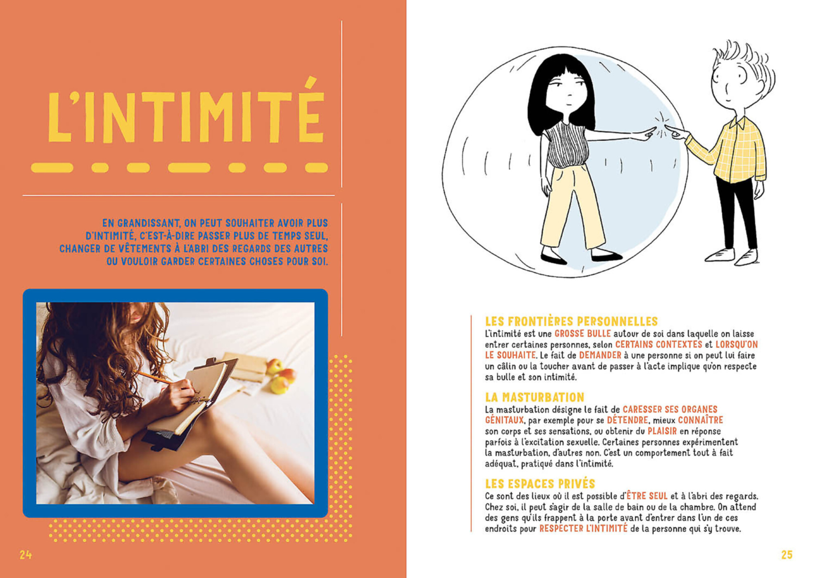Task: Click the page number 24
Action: pyautogui.click(x=26, y=555)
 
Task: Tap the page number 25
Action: pyautogui.click(x=787, y=555)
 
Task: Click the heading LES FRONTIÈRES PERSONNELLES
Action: pyautogui.click(x=571, y=322)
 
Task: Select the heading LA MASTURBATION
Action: pyautogui.click(x=534, y=398)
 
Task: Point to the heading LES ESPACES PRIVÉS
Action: pyautogui.click(x=540, y=484)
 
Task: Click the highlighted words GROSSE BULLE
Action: pyautogui.click(x=582, y=334)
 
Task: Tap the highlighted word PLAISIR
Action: pyautogui.click(x=662, y=431)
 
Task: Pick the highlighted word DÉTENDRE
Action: pyautogui.click(x=627, y=420)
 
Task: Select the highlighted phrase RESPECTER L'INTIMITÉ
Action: pyautogui.click(x=583, y=528)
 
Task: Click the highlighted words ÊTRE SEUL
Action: pyautogui.click(x=647, y=496)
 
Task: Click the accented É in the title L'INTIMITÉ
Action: pyautogui.click(x=310, y=116)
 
